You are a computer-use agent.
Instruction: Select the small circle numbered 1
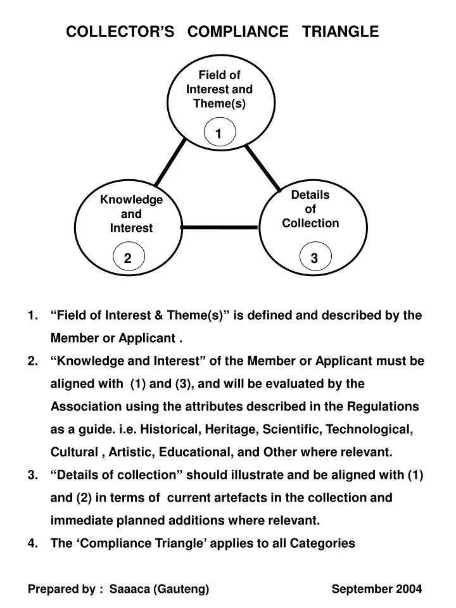219,134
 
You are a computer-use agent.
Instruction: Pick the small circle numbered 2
128,258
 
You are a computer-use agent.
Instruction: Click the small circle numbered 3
314,258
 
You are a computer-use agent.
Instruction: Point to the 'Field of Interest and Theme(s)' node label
219,89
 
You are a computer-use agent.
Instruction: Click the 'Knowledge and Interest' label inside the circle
131,214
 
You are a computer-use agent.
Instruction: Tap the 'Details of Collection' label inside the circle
310,209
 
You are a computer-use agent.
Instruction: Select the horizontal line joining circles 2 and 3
219,227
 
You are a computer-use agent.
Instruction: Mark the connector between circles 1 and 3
263,168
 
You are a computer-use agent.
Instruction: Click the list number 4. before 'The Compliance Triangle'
33,543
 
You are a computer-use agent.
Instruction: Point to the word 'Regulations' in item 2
387,406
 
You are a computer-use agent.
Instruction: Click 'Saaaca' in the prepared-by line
130,589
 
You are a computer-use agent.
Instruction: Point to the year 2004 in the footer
409,589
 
